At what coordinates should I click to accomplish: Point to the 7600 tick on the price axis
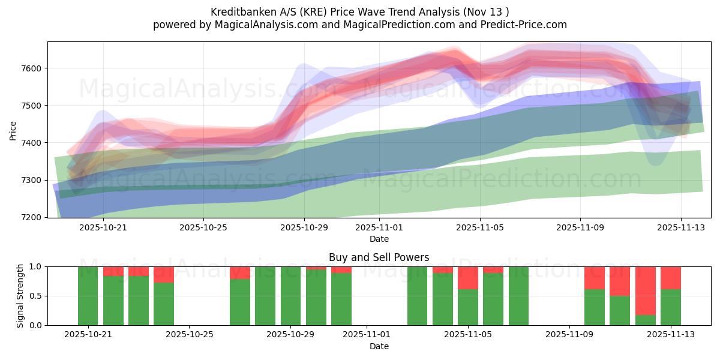34,68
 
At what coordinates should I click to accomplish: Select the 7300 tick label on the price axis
34,180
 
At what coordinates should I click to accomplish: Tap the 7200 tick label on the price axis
34,217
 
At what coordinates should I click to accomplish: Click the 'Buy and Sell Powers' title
379,257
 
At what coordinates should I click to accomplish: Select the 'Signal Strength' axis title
20,296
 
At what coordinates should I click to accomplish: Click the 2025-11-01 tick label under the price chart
379,227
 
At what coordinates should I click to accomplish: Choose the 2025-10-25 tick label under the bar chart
190,335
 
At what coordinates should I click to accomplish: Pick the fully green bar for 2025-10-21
88,296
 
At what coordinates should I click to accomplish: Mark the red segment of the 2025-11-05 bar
468,278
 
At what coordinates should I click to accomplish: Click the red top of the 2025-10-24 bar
164,274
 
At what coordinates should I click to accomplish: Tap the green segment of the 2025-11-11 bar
620,310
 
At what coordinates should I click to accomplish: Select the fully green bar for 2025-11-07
518,296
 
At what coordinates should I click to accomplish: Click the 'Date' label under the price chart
379,239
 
